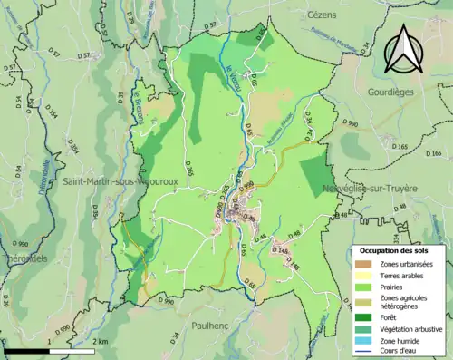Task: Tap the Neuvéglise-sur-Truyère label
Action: pyautogui.click(x=370, y=190)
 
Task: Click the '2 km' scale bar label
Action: pyautogui.click(x=99, y=341)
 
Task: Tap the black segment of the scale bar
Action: pyautogui.click(x=26, y=350)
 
